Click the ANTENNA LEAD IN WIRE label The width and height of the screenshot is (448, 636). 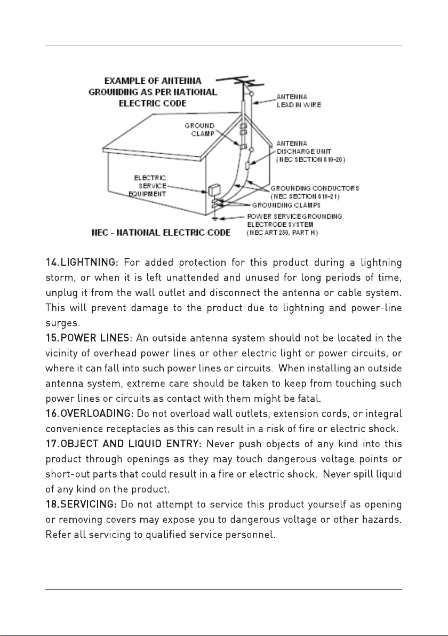298,101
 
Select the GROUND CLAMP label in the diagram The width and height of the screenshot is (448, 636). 200,130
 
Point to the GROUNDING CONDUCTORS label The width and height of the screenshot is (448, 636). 314,188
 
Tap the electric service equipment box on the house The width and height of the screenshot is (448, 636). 214,190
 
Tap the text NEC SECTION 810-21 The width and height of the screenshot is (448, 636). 308,196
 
